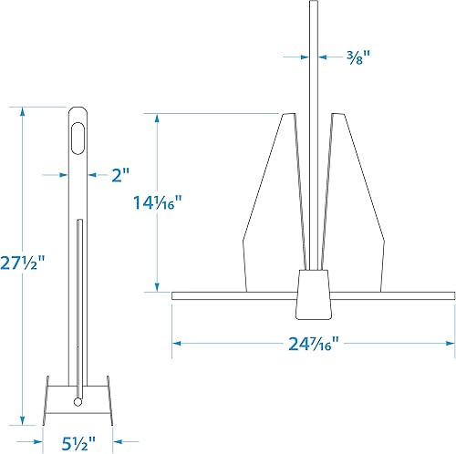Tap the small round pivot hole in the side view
point(78,400)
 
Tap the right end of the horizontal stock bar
point(450,296)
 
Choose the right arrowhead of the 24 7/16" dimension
point(450,343)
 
